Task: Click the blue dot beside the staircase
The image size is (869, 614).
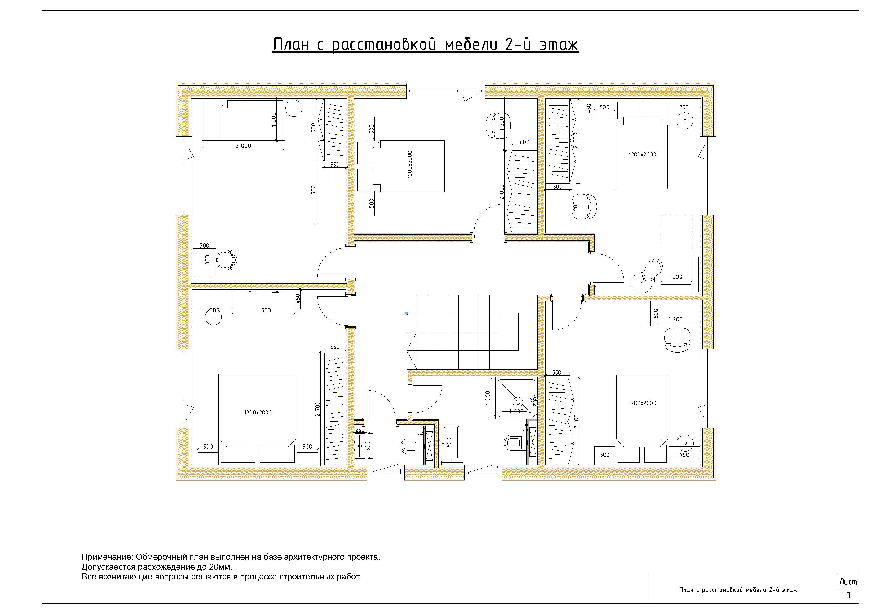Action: tap(406, 313)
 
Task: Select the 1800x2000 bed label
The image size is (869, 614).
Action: tap(258, 412)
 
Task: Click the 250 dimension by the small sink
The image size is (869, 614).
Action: tap(360, 430)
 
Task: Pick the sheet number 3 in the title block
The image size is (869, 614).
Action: tap(848, 595)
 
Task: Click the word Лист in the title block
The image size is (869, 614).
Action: tap(848, 582)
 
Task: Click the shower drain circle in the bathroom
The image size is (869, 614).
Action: tap(517, 401)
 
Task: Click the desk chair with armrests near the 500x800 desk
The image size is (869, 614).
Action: tap(226, 260)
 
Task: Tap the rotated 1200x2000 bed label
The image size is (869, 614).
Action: tap(410, 165)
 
